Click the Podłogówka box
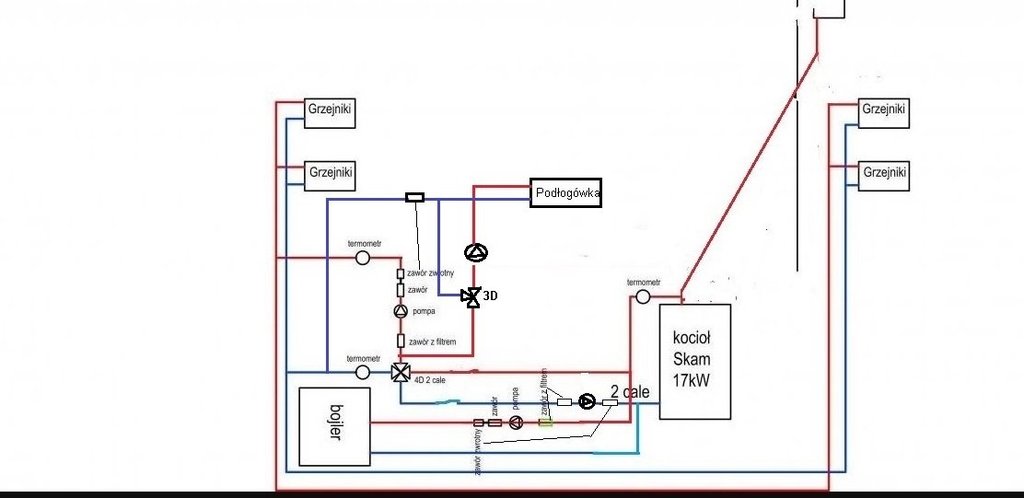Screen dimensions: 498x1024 click(566, 192)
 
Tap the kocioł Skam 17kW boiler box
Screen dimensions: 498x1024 click(695, 360)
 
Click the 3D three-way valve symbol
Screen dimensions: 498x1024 click(470, 296)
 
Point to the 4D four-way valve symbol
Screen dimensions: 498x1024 click(401, 373)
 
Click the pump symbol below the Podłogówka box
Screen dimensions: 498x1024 click(474, 252)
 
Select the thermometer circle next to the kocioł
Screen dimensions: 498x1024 click(643, 297)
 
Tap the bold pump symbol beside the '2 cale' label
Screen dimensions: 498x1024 click(586, 402)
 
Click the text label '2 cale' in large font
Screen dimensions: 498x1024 click(623, 393)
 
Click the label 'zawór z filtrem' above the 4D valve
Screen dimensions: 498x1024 click(432, 342)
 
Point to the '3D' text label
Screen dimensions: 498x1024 click(491, 297)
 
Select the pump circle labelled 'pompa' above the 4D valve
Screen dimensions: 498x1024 click(400, 312)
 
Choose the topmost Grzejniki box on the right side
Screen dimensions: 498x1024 click(883, 109)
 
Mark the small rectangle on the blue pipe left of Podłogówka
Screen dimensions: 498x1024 click(414, 197)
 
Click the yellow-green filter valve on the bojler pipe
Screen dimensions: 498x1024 click(545, 422)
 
